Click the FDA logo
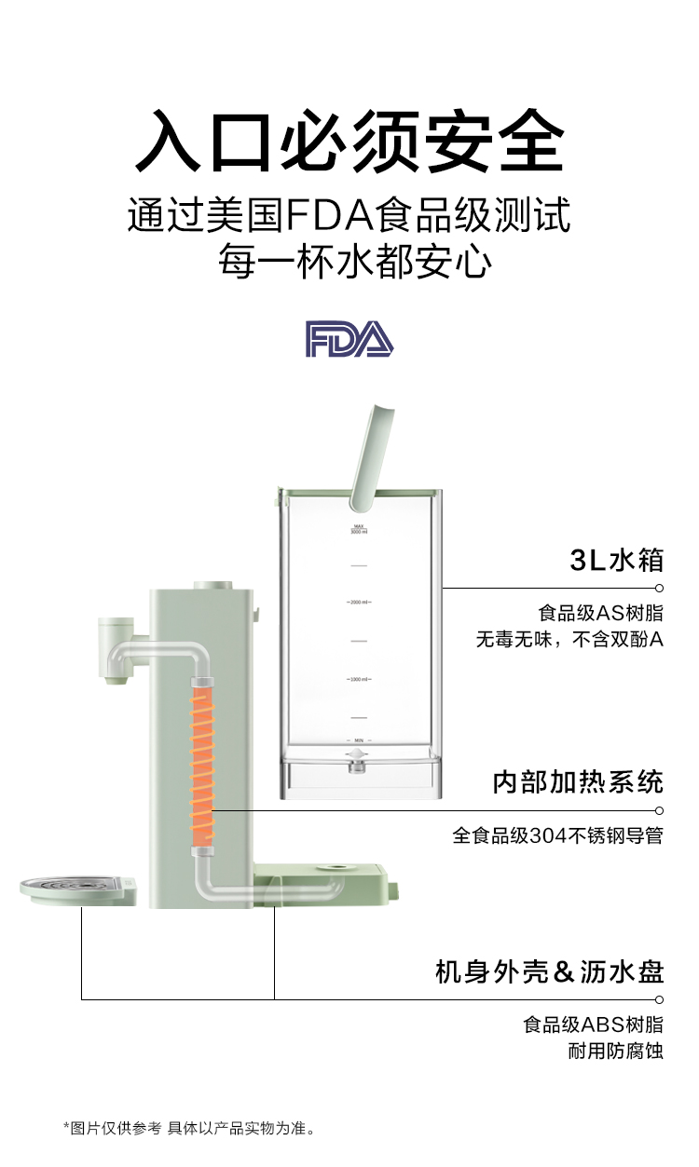(x=349, y=340)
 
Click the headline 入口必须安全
(x=349, y=142)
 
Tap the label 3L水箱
(x=617, y=560)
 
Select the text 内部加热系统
(x=578, y=781)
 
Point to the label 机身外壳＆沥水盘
(x=550, y=972)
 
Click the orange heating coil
(x=202, y=767)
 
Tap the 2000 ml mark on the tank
(x=359, y=603)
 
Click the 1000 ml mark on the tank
(x=359, y=679)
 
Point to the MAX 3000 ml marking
(x=359, y=530)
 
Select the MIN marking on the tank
(x=359, y=738)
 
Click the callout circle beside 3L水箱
(x=659, y=588)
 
